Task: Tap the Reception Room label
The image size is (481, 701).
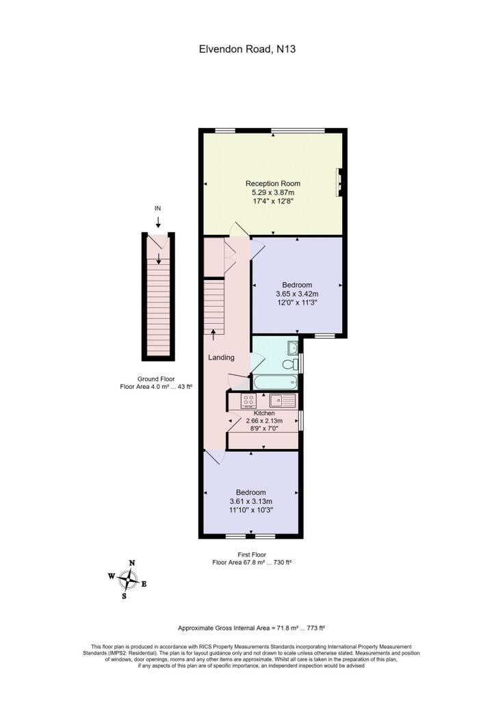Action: pos(273,183)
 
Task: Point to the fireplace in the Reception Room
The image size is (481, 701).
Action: pos(339,182)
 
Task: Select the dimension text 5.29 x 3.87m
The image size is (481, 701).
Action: pos(273,194)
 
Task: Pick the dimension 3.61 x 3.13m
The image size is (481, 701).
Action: pos(250,501)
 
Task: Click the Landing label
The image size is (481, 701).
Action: pos(221,357)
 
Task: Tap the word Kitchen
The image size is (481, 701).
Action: pos(264,413)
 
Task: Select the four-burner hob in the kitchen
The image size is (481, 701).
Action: pos(249,400)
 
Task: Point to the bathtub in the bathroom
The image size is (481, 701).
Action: pos(274,382)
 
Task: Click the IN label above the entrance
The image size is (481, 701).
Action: pos(158,208)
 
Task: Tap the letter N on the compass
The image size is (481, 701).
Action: pos(132,563)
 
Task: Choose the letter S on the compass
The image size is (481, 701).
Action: pos(124,596)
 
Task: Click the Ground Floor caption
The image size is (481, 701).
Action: pos(157,379)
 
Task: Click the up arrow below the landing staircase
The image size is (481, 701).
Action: pos(213,334)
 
